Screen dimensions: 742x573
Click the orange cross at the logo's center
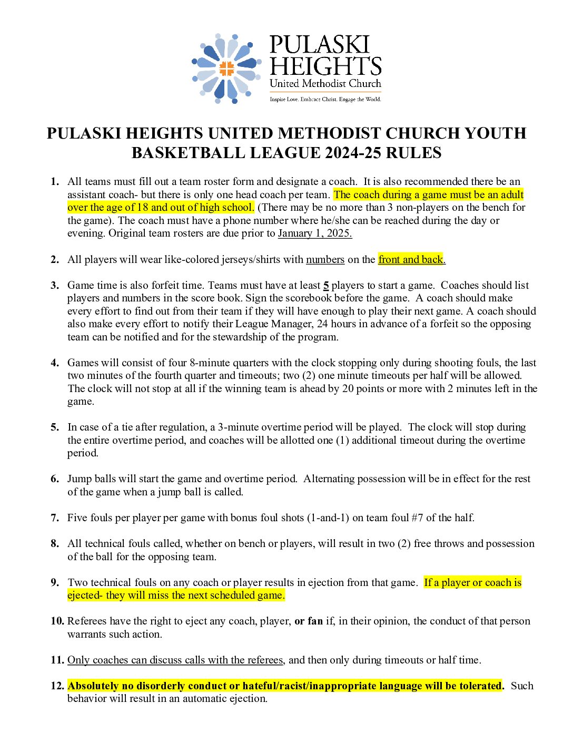(226, 69)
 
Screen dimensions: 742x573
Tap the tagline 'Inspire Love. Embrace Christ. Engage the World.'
(325, 99)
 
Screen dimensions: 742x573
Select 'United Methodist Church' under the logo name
(325, 83)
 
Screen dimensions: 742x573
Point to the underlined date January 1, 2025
(315, 233)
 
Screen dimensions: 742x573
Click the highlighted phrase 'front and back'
(411, 259)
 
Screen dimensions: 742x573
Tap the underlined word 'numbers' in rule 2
(325, 259)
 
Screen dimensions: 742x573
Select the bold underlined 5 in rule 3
(326, 285)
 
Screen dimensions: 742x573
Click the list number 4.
(55, 363)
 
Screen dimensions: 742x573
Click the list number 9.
(55, 582)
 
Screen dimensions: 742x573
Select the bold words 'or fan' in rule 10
(308, 621)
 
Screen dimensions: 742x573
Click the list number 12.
(57, 686)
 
